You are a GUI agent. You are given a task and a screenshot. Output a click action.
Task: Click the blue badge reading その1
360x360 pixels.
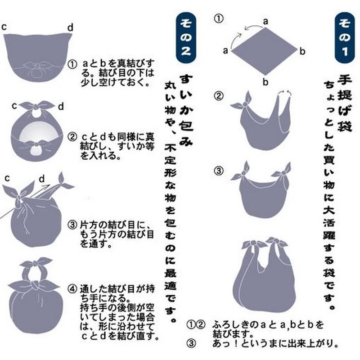click(345, 38)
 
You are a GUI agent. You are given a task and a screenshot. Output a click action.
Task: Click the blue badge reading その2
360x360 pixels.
click(186, 38)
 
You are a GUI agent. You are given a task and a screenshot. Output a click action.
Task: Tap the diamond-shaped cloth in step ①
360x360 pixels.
click(264, 51)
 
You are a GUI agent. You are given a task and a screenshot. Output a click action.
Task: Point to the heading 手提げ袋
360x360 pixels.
click(344, 103)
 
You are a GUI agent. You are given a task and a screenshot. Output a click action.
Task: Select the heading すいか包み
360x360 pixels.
click(186, 110)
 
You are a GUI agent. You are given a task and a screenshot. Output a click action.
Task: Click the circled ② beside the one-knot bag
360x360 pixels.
click(219, 96)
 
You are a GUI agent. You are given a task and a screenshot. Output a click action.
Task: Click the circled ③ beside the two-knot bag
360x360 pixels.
click(219, 171)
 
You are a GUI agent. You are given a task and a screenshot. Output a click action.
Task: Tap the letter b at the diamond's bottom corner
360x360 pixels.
click(265, 82)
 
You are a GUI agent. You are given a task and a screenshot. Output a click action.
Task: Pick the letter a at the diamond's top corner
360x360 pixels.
click(265, 22)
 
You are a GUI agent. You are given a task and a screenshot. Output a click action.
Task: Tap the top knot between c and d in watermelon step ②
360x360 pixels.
click(36, 107)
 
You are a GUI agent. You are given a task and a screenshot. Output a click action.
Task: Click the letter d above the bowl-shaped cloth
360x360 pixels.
click(70, 27)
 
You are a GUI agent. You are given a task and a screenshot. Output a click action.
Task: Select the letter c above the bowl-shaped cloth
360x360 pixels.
click(4, 27)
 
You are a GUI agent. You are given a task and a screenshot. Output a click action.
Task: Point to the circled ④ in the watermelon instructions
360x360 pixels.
click(72, 289)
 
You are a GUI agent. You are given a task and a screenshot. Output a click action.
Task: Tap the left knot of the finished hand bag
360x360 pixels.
click(253, 243)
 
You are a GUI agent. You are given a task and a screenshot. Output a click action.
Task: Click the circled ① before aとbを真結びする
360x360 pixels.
click(72, 64)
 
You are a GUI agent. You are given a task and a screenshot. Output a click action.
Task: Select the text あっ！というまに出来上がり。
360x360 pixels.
click(275, 344)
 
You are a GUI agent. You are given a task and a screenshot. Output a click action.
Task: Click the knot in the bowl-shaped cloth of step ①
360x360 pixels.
click(36, 66)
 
